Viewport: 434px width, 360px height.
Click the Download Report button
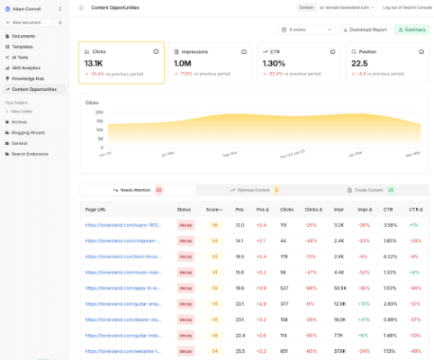[x=366, y=30]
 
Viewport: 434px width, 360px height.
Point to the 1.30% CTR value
[x=274, y=64]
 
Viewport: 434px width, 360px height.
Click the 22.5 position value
[x=360, y=64]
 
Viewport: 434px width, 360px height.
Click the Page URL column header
[x=96, y=209]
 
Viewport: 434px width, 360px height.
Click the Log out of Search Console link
[x=404, y=6]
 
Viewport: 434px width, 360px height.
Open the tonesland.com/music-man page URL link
[x=122, y=271]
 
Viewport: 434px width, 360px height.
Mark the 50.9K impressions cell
[x=339, y=287]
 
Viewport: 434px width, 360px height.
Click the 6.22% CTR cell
[x=389, y=256]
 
